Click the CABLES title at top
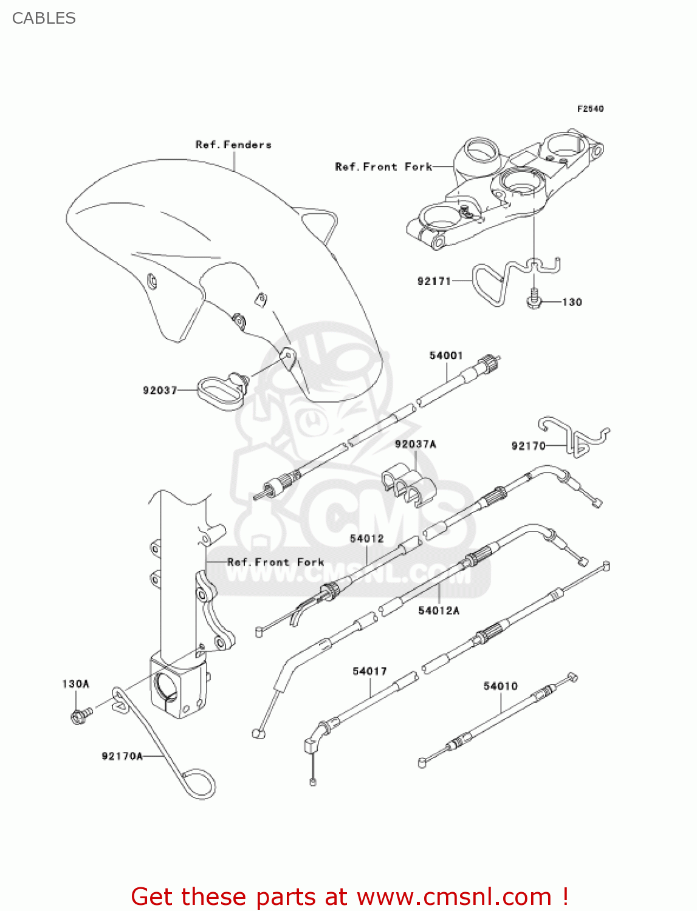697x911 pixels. coord(44,18)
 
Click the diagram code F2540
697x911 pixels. coord(590,109)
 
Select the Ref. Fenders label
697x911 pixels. coord(233,145)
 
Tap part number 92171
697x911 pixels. coord(434,281)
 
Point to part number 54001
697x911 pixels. coord(446,355)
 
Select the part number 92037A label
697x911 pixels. coord(416,444)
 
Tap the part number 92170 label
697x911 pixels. coord(528,446)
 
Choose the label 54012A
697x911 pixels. coord(439,610)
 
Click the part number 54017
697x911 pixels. coord(369,671)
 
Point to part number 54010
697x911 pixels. coord(500,686)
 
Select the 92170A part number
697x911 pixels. coord(122,756)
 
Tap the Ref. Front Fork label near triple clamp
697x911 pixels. coord(383,166)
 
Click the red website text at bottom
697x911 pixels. coord(349,896)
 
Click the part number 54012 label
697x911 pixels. coord(366,539)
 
